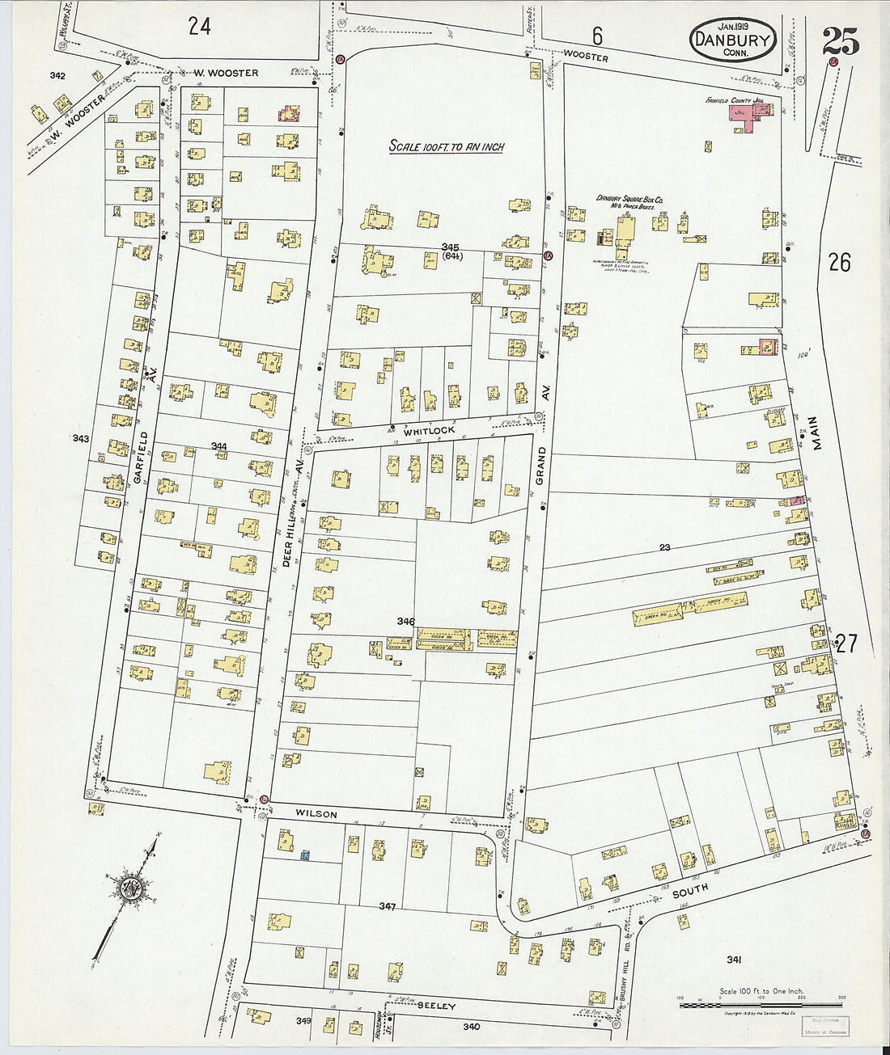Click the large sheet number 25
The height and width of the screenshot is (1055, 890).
tap(841, 40)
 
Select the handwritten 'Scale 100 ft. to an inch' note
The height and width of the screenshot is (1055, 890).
tap(447, 146)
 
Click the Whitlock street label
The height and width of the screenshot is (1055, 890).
tap(430, 431)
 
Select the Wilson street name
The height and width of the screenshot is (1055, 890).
tap(316, 814)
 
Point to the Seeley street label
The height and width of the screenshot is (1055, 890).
tap(437, 1006)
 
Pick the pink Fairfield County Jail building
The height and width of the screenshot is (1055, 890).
tap(752, 119)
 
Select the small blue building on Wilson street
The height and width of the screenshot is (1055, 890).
tap(306, 855)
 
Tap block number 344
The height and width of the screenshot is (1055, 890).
tap(218, 446)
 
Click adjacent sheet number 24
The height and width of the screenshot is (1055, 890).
tap(199, 26)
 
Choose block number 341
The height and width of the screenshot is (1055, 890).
tap(734, 960)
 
